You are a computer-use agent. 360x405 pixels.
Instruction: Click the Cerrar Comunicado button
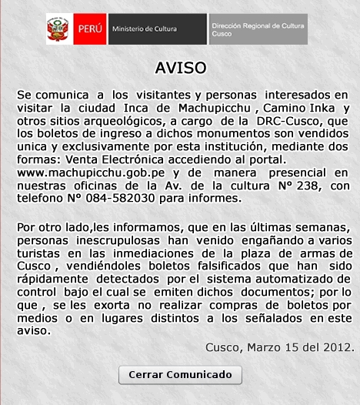180,375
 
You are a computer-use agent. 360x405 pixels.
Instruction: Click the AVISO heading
180,66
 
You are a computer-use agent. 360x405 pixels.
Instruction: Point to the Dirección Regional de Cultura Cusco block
257,29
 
